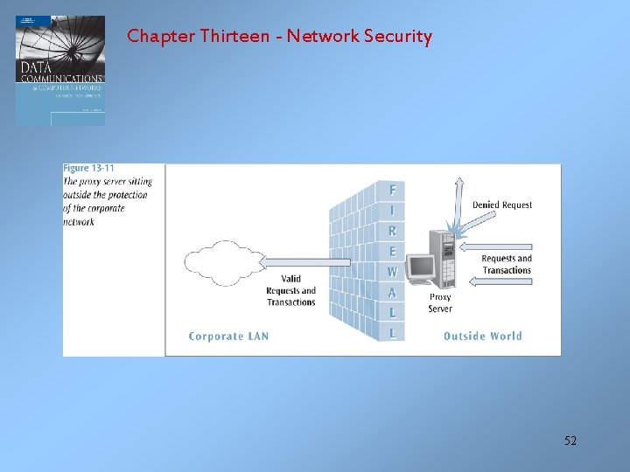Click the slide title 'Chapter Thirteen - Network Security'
click(279, 37)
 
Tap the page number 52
click(570, 441)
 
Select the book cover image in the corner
click(60, 70)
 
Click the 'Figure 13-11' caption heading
click(88, 168)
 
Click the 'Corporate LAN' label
click(228, 337)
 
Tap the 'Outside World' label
click(482, 337)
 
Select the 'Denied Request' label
click(502, 205)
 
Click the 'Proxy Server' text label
click(440, 302)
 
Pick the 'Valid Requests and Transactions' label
click(290, 291)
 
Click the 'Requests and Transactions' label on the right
click(506, 264)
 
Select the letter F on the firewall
click(392, 190)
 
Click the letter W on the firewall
click(392, 272)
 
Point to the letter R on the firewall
click(392, 231)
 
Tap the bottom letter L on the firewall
click(392, 333)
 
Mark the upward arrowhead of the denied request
click(455, 183)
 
